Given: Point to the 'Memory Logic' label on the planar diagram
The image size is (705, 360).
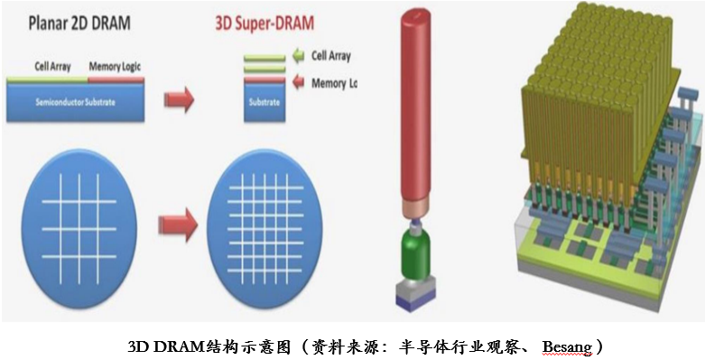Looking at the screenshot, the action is pos(115,66).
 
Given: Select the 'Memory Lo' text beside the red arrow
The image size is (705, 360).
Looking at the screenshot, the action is pos(335,82).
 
